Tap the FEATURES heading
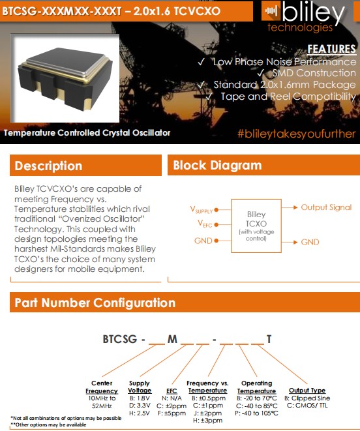(x=331, y=50)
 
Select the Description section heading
(x=48, y=166)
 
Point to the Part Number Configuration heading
(x=95, y=303)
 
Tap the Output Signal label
(x=325, y=207)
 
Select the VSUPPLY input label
(x=202, y=209)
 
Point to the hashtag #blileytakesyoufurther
(x=297, y=134)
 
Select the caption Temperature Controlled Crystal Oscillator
(x=87, y=132)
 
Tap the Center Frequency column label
(x=102, y=387)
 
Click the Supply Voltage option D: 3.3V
(x=140, y=406)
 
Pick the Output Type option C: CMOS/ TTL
(x=307, y=406)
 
